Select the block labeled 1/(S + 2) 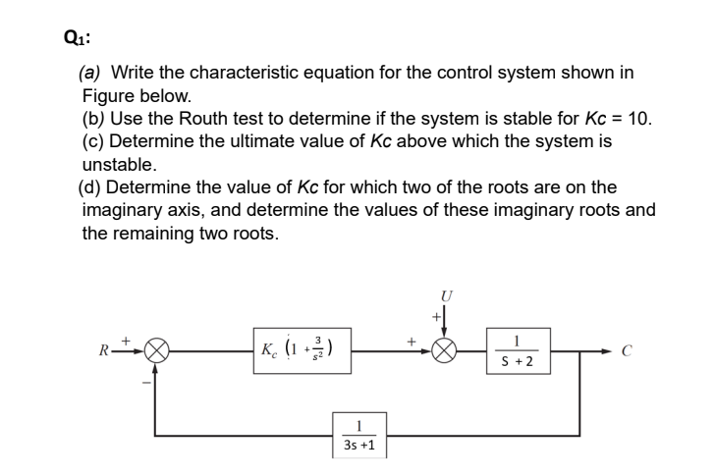click(516, 349)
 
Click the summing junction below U click(445, 349)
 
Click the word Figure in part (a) click(112, 96)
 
